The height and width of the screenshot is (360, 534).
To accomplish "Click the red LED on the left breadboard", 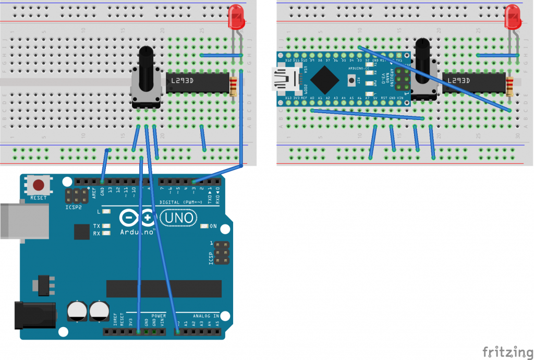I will (237, 18).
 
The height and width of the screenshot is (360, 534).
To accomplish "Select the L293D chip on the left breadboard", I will (198, 82).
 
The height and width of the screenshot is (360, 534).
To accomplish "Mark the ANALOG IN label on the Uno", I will (207, 316).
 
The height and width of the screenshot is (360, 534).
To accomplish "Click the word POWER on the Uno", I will (159, 316).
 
